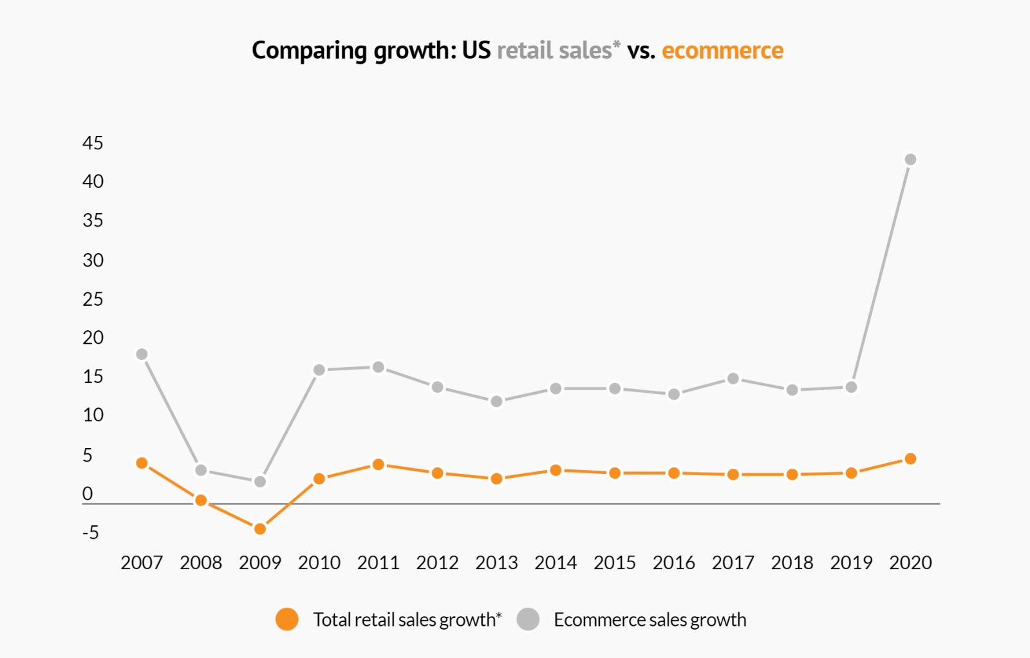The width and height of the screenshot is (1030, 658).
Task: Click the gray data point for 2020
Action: pos(910,159)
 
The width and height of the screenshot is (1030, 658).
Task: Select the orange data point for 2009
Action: pos(260,529)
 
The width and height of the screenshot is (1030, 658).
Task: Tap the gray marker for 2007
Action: pos(142,354)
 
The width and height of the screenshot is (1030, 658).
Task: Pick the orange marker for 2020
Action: pos(910,458)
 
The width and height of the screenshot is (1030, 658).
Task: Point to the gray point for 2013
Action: pos(496,401)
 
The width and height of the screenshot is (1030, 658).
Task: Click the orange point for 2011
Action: pos(379,464)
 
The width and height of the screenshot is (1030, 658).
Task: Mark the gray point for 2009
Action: pos(260,482)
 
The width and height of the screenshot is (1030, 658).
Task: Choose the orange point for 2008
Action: pos(201,500)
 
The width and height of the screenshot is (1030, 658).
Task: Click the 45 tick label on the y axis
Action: pos(93,143)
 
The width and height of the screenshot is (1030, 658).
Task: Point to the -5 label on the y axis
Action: pos(91,532)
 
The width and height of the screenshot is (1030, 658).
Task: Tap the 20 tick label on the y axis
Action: pos(93,337)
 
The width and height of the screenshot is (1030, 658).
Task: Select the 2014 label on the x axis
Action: pos(556,563)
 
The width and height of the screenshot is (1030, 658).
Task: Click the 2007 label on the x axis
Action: pos(142,563)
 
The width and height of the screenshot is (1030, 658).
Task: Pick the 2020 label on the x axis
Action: pos(910,563)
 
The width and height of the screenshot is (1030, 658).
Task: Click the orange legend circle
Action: pos(287,619)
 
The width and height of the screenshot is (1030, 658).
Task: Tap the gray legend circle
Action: pos(528,619)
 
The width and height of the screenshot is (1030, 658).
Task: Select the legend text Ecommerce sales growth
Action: pos(650,619)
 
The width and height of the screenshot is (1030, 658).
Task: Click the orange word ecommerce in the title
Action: pos(722,50)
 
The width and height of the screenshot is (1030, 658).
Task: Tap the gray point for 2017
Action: pos(733,379)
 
